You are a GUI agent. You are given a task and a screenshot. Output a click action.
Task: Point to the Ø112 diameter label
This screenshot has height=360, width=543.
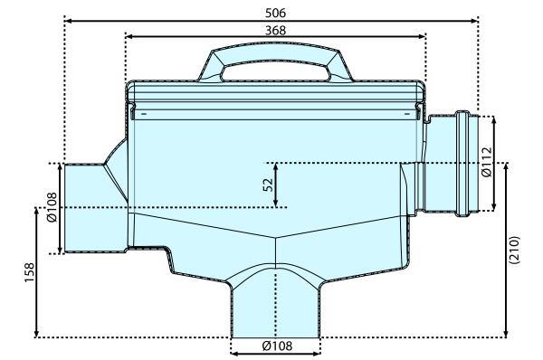point(486,163)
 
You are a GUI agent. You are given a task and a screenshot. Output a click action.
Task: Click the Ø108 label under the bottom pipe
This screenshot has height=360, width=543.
point(275,346)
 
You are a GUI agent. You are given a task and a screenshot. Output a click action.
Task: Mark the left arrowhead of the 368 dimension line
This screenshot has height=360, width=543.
point(128,37)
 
